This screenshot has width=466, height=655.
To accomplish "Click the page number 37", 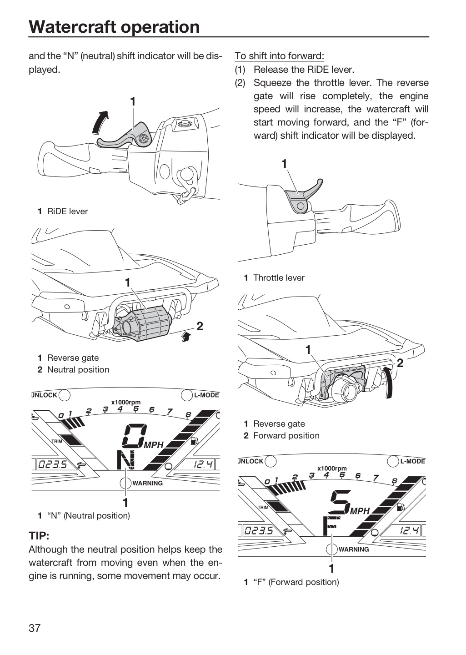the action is point(35,628).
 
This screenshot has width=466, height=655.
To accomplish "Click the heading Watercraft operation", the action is point(114,26).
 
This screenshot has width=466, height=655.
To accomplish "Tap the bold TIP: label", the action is point(39,536).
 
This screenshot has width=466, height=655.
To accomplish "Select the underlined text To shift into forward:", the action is point(280,55).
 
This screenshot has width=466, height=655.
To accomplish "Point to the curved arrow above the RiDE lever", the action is point(100,122).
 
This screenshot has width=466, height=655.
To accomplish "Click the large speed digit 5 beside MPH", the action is point(340,502).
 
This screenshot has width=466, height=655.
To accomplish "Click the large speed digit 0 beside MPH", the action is point(134,436).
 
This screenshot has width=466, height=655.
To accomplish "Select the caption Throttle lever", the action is point(279,278).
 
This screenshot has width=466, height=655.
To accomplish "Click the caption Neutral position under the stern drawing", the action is point(78,370).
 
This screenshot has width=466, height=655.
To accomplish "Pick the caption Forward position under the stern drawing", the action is point(286,436).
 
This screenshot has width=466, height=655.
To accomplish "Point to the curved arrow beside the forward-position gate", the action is point(389,383).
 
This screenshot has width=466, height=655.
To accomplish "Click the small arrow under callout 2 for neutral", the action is point(185,337).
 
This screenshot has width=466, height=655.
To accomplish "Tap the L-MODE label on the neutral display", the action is point(206,395).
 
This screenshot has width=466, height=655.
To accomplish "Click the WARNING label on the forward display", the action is point(353,549).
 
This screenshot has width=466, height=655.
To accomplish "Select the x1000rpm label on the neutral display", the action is point(126,403).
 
